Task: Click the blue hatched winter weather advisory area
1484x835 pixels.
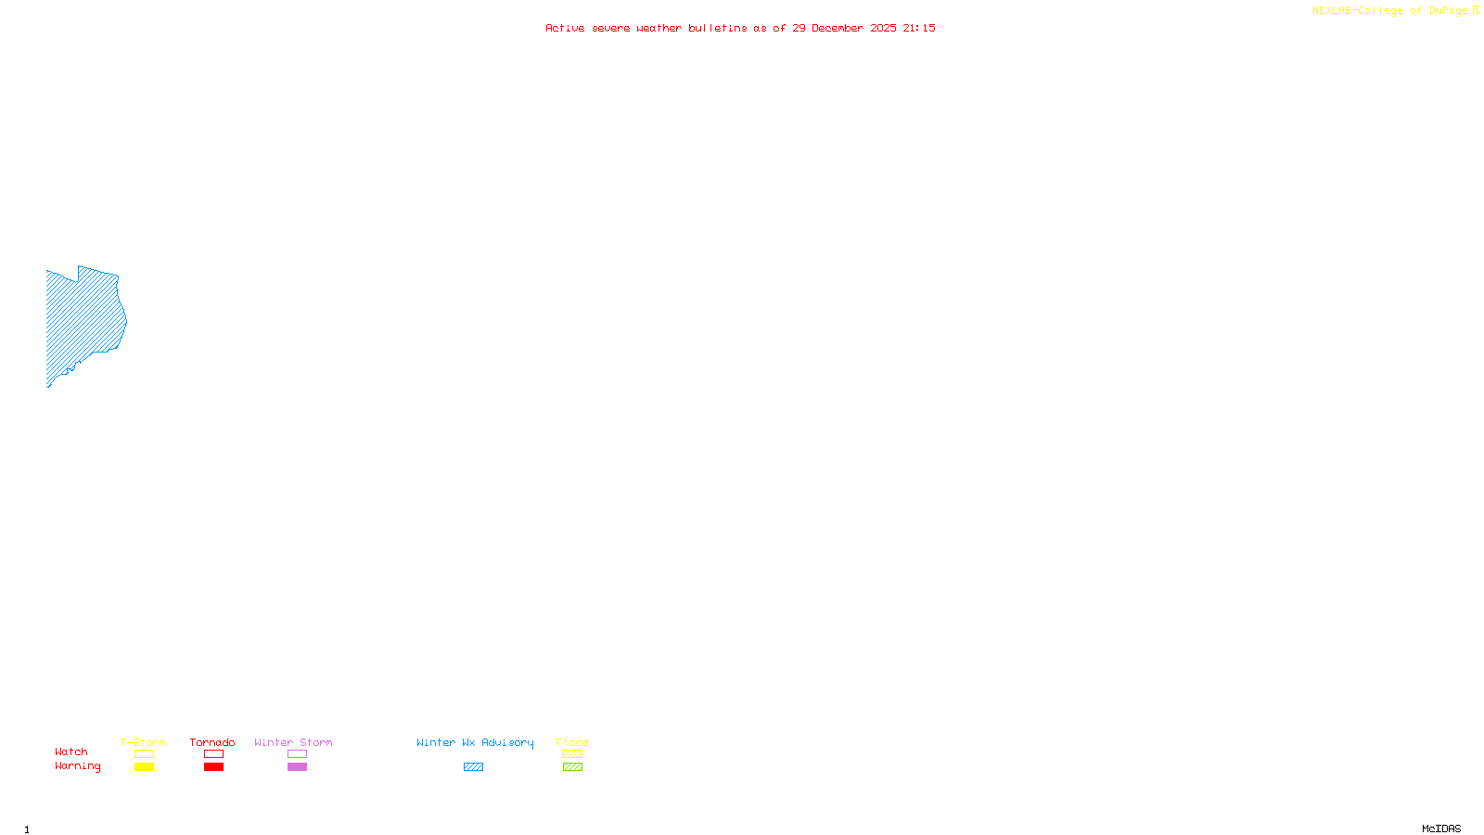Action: [83, 320]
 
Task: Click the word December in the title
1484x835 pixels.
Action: [838, 28]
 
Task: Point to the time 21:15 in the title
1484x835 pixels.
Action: [918, 28]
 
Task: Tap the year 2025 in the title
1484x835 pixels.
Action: [883, 28]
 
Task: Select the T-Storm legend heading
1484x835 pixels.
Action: [143, 742]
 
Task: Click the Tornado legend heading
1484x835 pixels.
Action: [212, 742]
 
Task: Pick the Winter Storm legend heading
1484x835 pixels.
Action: [293, 742]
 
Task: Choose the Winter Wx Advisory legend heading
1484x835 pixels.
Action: [475, 742]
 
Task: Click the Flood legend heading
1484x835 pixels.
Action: [572, 742]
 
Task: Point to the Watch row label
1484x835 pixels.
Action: [71, 751]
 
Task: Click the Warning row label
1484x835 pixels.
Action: [77, 766]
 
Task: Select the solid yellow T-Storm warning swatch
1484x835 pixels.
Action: [144, 767]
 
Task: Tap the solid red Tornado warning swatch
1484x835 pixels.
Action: [213, 767]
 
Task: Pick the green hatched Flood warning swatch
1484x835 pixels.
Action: [572, 767]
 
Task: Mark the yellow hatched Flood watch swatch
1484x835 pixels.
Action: [572, 754]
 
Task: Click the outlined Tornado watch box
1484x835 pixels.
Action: [213, 754]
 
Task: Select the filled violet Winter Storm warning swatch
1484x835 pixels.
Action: [297, 767]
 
